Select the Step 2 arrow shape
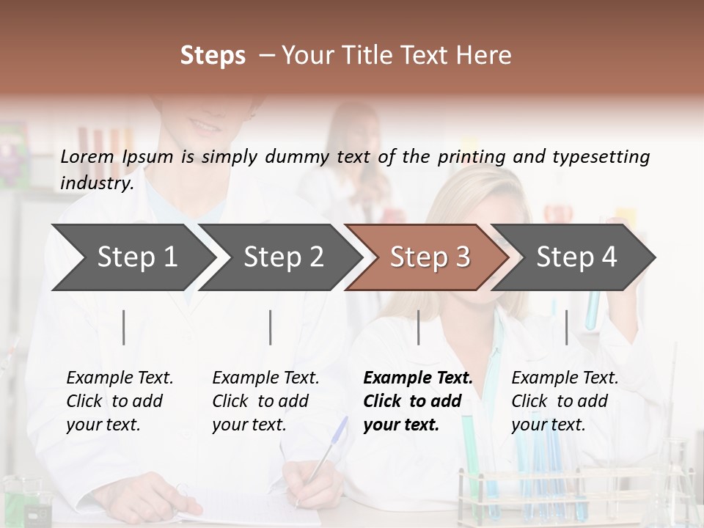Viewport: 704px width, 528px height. click(x=282, y=257)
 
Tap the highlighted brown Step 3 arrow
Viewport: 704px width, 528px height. click(x=429, y=257)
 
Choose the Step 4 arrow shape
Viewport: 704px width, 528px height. click(x=576, y=257)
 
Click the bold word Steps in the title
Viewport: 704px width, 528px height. click(x=213, y=56)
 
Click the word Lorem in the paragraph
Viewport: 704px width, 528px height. click(x=87, y=156)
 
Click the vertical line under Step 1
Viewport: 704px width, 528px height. click(x=124, y=327)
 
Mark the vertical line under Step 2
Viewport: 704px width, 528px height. click(x=271, y=327)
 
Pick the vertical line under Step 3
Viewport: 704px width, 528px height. click(x=419, y=327)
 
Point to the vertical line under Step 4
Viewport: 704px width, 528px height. click(x=566, y=327)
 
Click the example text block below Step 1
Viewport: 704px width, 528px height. click(x=120, y=401)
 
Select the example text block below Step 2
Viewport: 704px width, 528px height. click(x=265, y=401)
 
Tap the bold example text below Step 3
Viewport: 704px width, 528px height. click(x=417, y=401)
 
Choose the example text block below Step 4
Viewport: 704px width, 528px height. click(x=565, y=401)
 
